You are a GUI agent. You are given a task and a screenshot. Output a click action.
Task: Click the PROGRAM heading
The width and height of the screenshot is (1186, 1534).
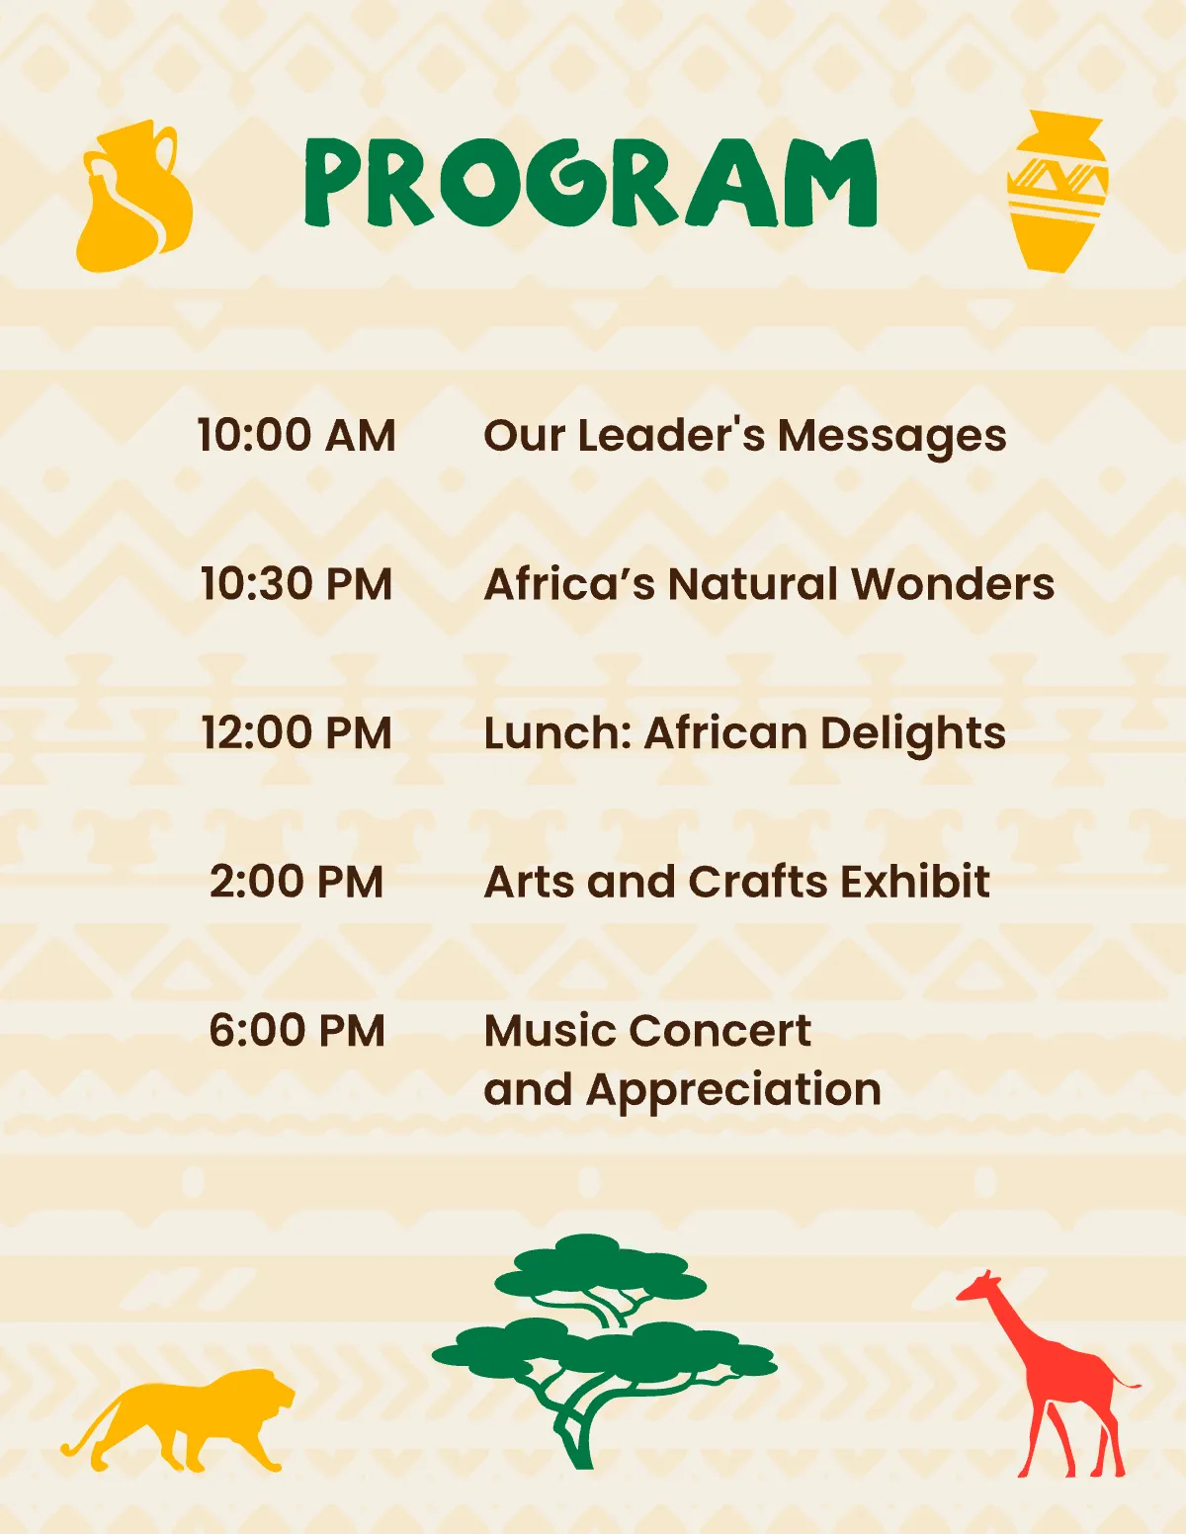click(590, 184)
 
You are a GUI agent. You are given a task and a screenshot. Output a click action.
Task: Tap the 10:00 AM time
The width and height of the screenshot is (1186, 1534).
click(296, 435)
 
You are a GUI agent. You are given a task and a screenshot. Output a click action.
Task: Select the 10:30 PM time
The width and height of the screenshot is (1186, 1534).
click(296, 584)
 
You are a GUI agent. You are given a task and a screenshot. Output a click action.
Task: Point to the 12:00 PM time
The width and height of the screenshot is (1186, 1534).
click(296, 733)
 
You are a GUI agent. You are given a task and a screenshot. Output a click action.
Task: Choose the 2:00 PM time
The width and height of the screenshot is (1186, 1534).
click(296, 882)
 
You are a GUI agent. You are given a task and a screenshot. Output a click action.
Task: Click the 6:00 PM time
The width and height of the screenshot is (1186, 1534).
click(296, 1031)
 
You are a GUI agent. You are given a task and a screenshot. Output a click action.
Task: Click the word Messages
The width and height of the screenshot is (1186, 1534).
click(891, 437)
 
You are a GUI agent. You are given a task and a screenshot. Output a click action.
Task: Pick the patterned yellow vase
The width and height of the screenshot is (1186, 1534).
click(1058, 191)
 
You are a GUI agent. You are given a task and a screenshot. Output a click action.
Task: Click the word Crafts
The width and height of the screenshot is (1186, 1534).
click(757, 882)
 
